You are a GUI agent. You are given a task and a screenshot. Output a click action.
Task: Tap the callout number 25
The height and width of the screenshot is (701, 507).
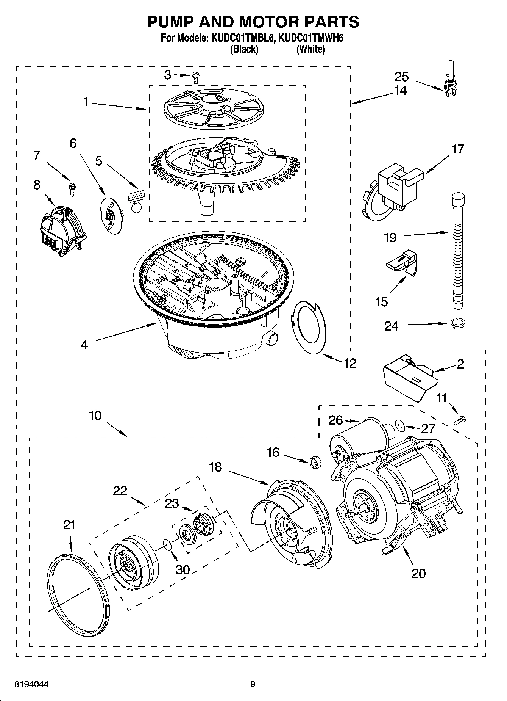click(x=401, y=77)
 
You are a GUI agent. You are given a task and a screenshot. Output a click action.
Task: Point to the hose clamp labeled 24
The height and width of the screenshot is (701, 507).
click(x=457, y=323)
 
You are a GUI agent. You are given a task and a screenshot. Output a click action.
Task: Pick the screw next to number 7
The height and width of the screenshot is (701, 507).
click(x=71, y=188)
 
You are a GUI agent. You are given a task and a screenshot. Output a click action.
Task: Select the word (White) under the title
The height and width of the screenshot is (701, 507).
click(x=310, y=49)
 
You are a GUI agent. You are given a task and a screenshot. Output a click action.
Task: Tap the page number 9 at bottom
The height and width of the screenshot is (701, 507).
click(x=253, y=685)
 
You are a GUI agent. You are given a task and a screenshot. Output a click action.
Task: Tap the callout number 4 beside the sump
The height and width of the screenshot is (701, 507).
click(x=84, y=345)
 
